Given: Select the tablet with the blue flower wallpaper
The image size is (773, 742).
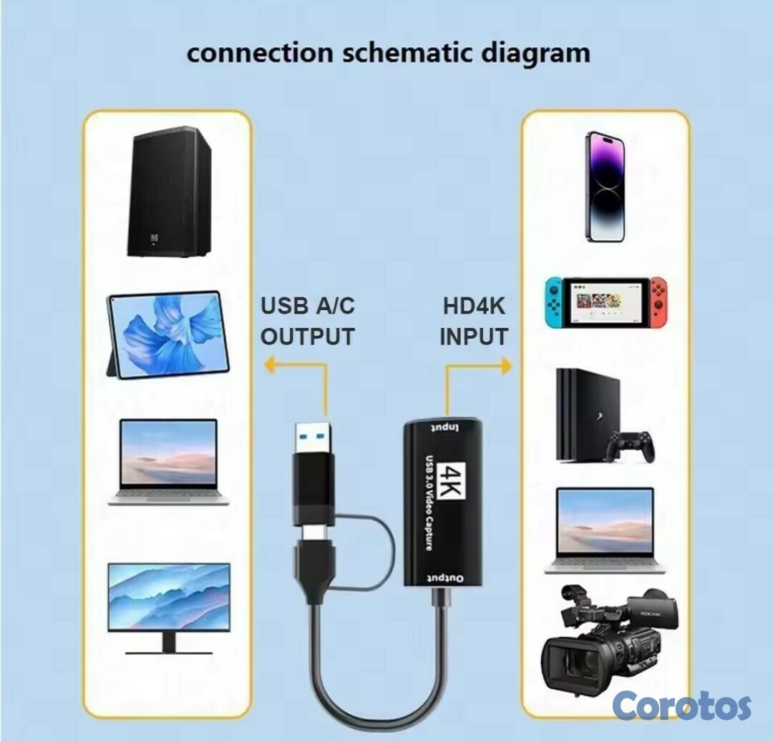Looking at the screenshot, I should (169, 335).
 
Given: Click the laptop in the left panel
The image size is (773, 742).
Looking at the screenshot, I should (169, 461).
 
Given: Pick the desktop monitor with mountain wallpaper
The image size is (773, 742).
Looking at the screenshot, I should (169, 606).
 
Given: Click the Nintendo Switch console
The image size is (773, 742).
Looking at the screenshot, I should (605, 302).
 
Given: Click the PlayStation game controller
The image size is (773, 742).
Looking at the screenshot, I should (630, 446).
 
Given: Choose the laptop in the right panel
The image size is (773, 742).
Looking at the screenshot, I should (605, 529).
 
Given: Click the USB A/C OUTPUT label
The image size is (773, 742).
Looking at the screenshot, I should (307, 321).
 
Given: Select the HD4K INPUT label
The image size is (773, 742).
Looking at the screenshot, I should (474, 321).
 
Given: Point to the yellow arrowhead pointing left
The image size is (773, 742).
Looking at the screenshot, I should (269, 366).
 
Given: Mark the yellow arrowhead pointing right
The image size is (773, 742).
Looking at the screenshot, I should (507, 366).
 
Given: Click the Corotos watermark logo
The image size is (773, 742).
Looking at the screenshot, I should (681, 706).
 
